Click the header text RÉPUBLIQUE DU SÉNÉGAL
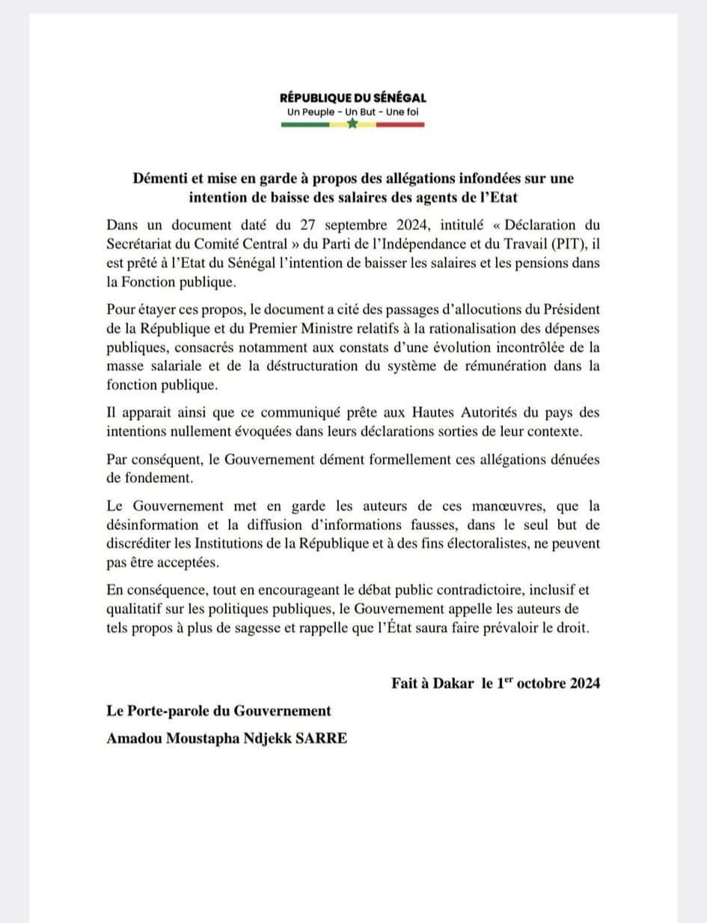(x=353, y=97)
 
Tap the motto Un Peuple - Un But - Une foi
(x=353, y=112)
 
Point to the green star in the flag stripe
(x=353, y=124)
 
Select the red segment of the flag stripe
(x=400, y=124)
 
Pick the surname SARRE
(x=321, y=739)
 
